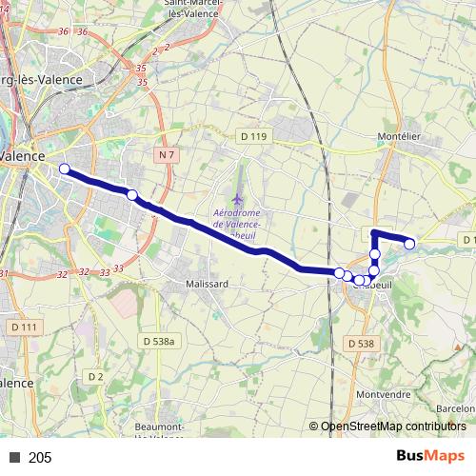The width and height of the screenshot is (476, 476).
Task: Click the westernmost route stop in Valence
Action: [x=65, y=169]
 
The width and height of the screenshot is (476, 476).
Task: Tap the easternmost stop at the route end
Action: [x=410, y=245]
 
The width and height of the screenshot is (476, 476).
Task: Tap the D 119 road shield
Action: [x=254, y=137]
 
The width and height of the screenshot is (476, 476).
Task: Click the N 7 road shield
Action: [x=167, y=154]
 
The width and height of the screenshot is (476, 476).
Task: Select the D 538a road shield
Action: [x=160, y=340]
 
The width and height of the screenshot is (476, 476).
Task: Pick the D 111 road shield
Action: [x=25, y=327]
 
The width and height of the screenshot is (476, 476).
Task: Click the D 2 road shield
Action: [x=95, y=376]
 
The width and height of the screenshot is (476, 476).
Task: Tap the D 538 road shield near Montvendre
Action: [x=360, y=343]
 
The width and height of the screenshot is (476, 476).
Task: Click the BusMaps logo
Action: [x=430, y=456]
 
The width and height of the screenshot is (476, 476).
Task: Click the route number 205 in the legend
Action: [x=40, y=458]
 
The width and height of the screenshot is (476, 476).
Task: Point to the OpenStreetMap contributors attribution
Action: [x=392, y=427]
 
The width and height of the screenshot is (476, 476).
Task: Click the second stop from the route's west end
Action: [x=132, y=195]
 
